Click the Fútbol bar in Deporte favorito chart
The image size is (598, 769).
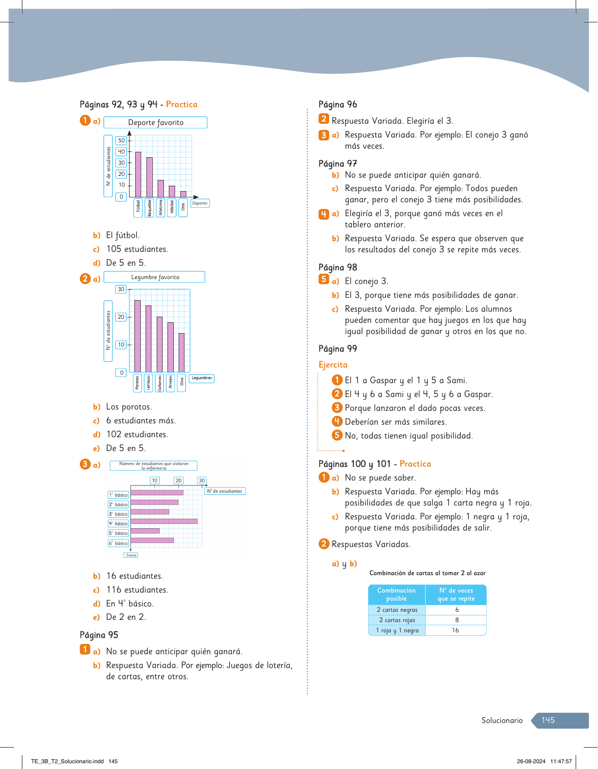(x=138, y=174)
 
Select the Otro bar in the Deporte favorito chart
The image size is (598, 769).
(x=183, y=194)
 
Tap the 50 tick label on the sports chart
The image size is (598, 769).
(x=121, y=141)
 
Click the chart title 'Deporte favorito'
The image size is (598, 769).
(x=155, y=122)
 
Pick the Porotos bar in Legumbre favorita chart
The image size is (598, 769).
(x=138, y=336)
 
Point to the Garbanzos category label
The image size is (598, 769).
(x=159, y=383)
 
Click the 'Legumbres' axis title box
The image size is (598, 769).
(x=201, y=378)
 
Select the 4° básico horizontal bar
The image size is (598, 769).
(x=164, y=521)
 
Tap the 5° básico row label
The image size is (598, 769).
(x=118, y=533)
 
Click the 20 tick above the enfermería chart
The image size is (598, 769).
(x=179, y=481)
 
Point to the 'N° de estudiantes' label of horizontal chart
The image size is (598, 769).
(x=225, y=491)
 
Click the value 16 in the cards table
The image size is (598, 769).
(x=456, y=630)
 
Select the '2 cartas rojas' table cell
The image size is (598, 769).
(x=397, y=620)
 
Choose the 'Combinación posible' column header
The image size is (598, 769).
(x=397, y=594)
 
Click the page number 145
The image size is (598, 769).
(x=548, y=720)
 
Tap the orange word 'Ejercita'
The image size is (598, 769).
(x=333, y=365)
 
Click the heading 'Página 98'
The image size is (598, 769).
(x=338, y=267)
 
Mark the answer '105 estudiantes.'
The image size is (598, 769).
(x=137, y=249)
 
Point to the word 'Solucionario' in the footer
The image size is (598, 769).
(x=502, y=720)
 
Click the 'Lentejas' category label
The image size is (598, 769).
(x=148, y=383)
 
